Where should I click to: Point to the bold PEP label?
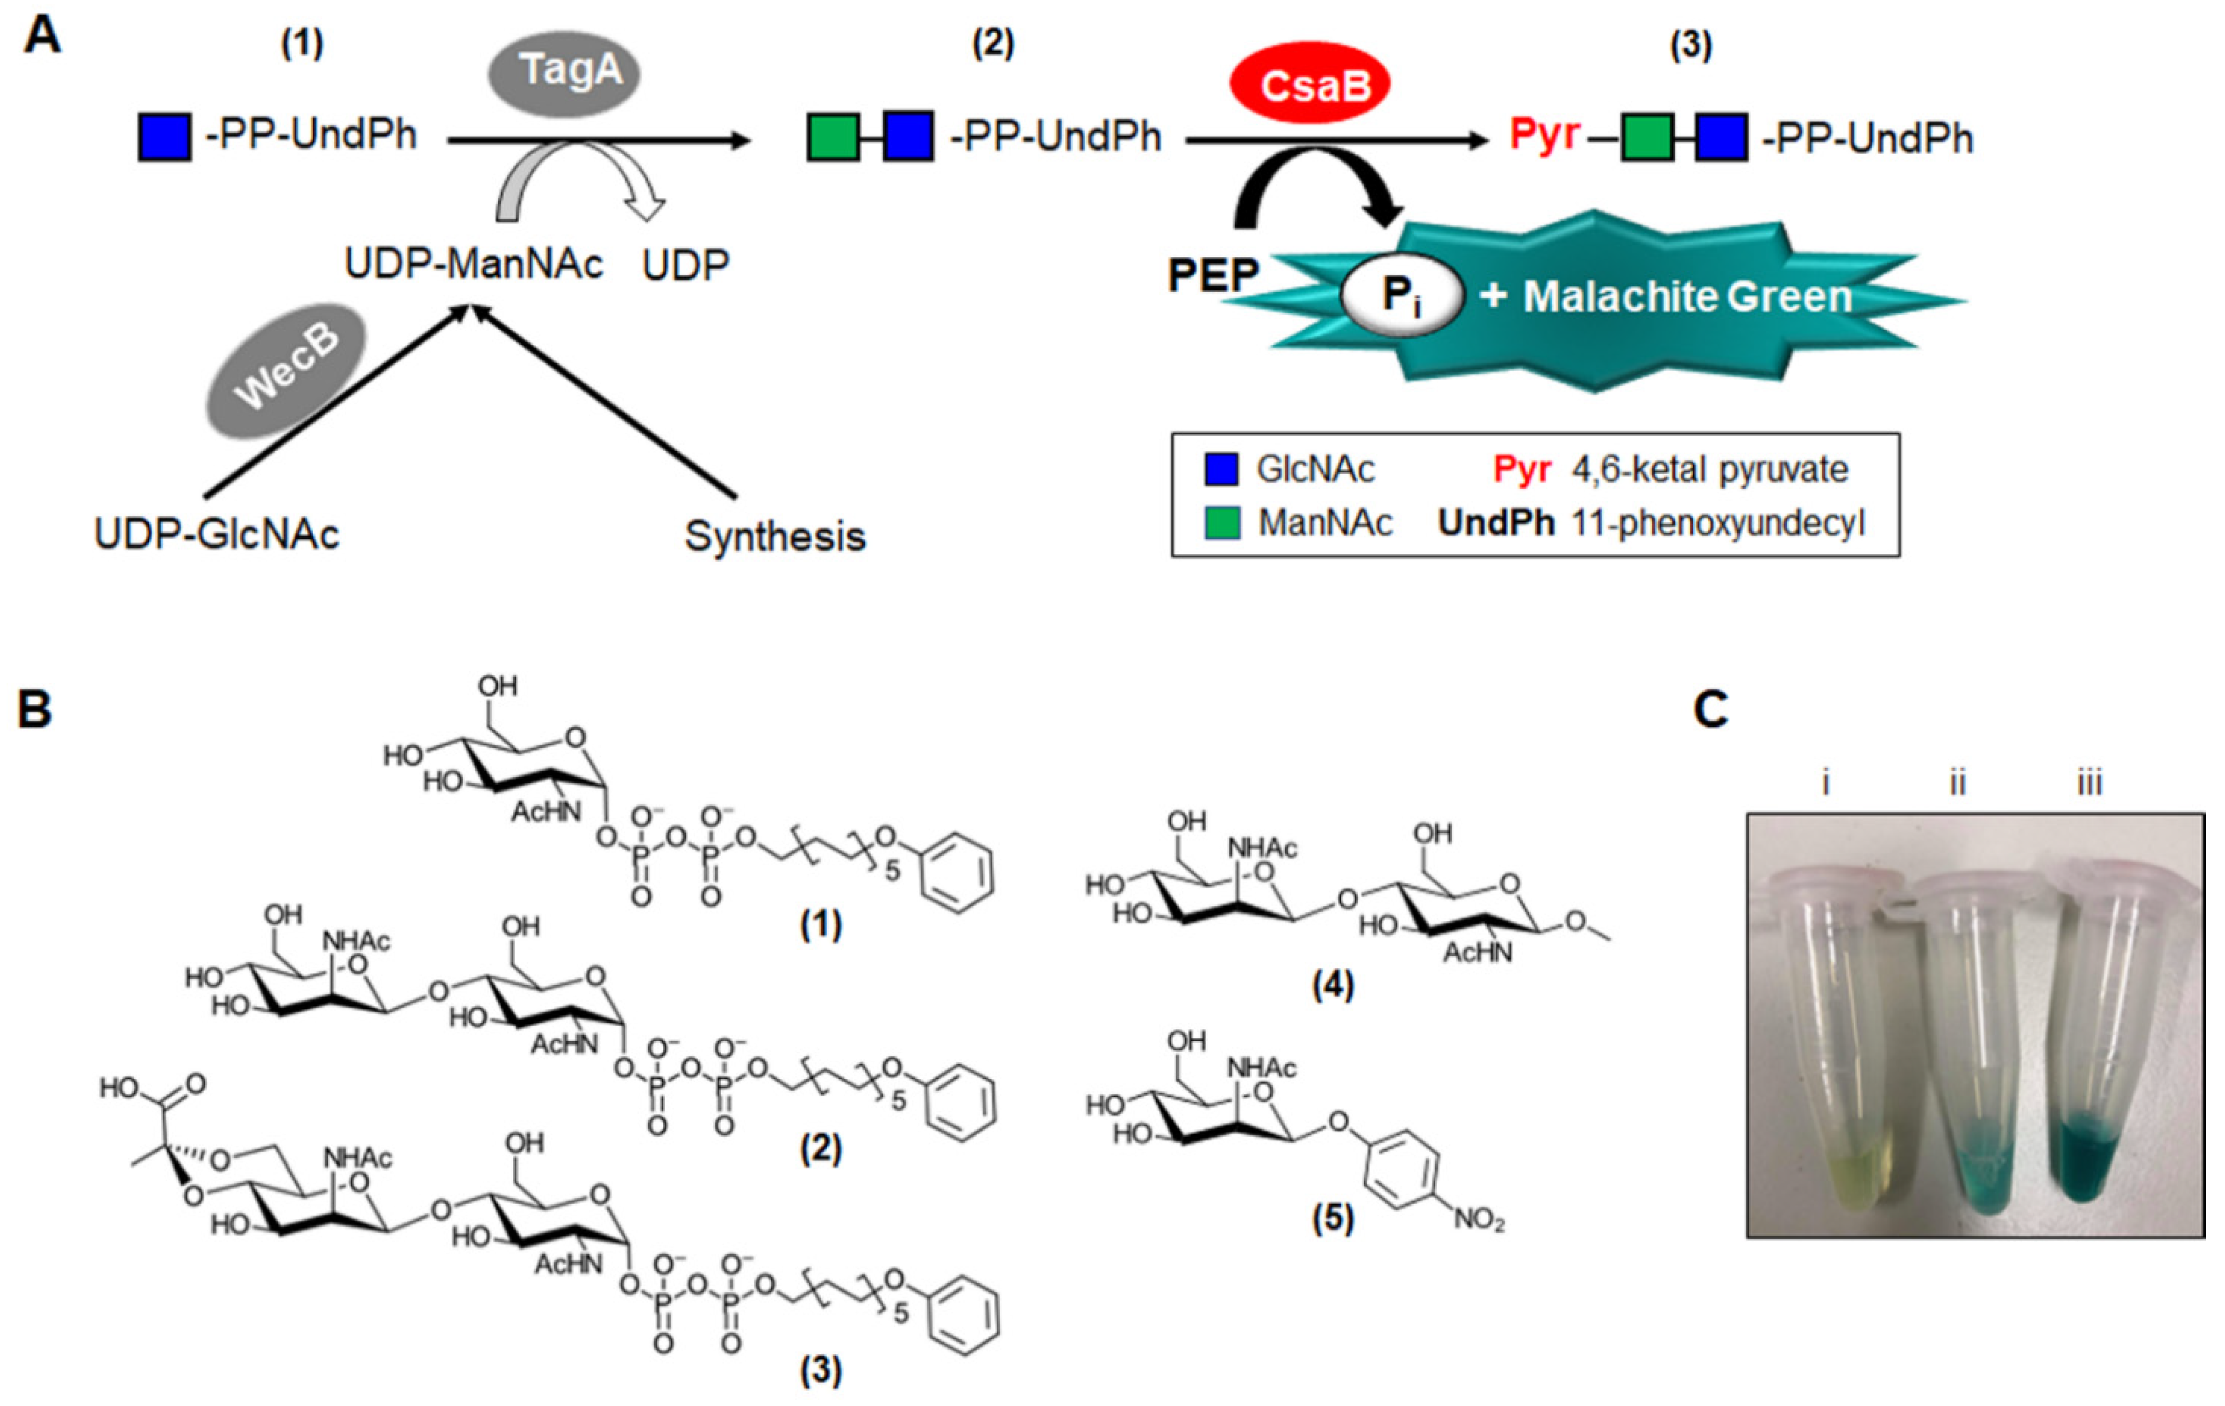click(1212, 275)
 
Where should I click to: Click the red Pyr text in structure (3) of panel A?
click(1544, 136)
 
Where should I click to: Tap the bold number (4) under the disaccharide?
click(1332, 986)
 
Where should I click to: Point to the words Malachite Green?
click(1687, 298)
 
